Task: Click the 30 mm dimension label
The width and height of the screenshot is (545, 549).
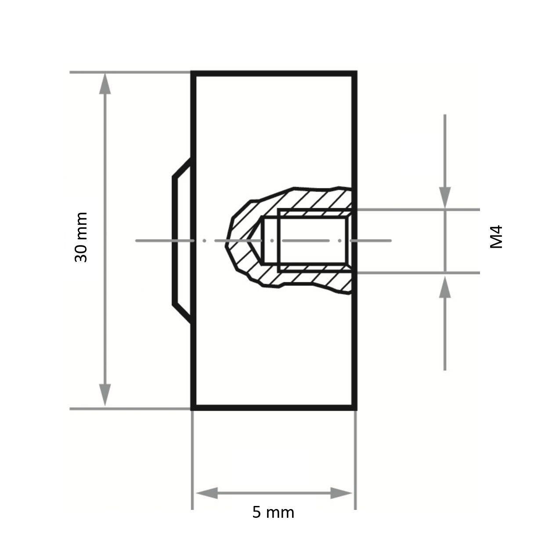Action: (81, 238)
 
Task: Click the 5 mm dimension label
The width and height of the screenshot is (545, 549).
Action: (273, 512)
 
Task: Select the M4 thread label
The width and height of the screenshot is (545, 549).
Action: (496, 237)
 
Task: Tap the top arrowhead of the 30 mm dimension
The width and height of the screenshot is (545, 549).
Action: (105, 83)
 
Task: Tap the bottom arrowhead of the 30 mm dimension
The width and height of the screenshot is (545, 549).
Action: (105, 395)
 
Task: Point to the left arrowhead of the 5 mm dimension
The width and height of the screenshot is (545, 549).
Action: (206, 493)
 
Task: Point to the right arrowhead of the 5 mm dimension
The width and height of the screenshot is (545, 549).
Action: (342, 493)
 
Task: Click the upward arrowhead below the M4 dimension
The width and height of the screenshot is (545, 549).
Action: (445, 287)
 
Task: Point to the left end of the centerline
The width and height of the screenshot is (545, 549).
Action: (137, 241)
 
